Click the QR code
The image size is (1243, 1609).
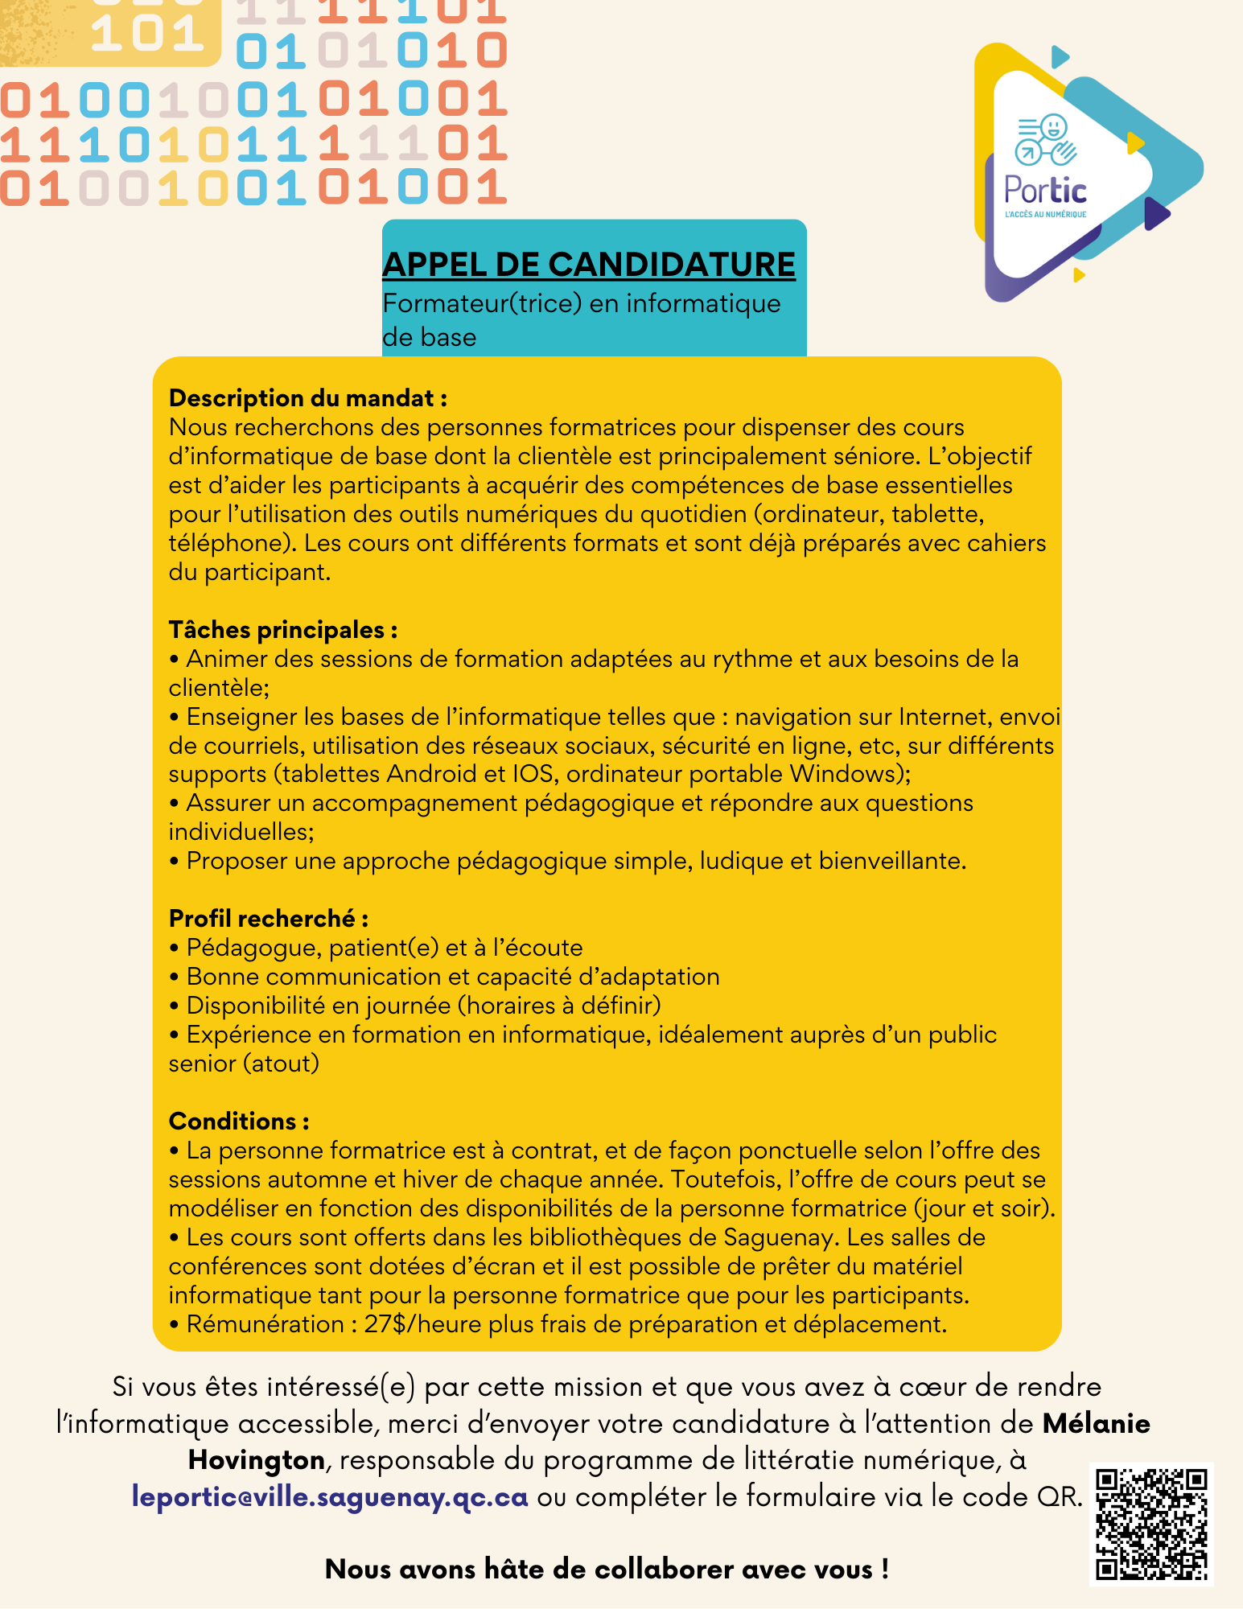pyautogui.click(x=1151, y=1525)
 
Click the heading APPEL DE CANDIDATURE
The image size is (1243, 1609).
pyautogui.click(x=588, y=265)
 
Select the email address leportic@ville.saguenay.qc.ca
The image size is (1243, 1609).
pyautogui.click(x=330, y=1497)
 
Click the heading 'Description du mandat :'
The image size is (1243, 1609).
pyautogui.click(x=308, y=398)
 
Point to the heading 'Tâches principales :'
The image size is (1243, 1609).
pyautogui.click(x=283, y=630)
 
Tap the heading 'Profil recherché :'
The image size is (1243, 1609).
pyautogui.click(x=269, y=919)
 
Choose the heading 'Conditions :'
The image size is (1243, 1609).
pyautogui.click(x=239, y=1121)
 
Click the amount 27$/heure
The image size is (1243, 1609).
pyautogui.click(x=423, y=1324)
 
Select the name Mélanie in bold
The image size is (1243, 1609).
pyautogui.click(x=1096, y=1424)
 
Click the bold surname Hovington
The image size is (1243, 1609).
pyautogui.click(x=257, y=1460)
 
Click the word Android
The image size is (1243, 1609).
pyautogui.click(x=432, y=774)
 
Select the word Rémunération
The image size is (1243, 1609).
pyautogui.click(x=265, y=1324)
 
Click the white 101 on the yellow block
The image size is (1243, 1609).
pyautogui.click(x=147, y=34)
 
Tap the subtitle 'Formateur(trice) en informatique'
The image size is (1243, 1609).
pyautogui.click(x=581, y=304)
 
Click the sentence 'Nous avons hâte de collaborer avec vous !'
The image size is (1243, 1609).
pyautogui.click(x=607, y=1569)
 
